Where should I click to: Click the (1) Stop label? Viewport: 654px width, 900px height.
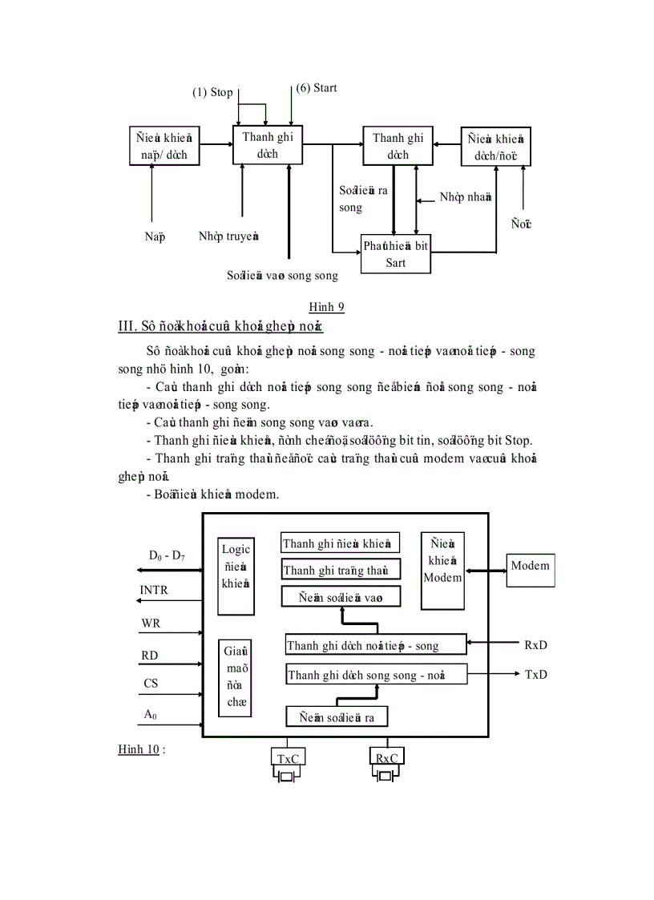pyautogui.click(x=212, y=92)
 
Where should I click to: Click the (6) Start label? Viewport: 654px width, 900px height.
pyautogui.click(x=317, y=87)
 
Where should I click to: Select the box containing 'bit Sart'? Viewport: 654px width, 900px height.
pyautogui.click(x=396, y=254)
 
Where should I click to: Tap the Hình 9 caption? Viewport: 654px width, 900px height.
pyautogui.click(x=326, y=306)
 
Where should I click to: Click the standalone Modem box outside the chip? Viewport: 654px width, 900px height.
pyautogui.click(x=531, y=569)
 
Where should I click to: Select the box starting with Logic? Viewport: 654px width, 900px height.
pyautogui.click(x=236, y=575)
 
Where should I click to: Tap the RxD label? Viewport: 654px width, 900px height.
pyautogui.click(x=536, y=645)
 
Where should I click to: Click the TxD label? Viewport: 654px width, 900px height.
pyautogui.click(x=536, y=674)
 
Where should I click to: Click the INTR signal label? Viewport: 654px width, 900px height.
pyautogui.click(x=154, y=590)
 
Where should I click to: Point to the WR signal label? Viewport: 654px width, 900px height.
pyautogui.click(x=151, y=623)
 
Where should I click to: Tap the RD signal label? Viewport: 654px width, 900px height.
pyautogui.click(x=150, y=656)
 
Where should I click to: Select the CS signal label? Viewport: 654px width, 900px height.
pyautogui.click(x=151, y=684)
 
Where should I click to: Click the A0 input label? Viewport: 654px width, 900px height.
pyautogui.click(x=150, y=713)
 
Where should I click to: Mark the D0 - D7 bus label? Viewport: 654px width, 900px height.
pyautogui.click(x=166, y=555)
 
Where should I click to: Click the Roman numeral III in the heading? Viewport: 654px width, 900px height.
pyautogui.click(x=127, y=326)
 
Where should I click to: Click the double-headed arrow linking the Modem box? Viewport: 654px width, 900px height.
pyautogui.click(x=485, y=571)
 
